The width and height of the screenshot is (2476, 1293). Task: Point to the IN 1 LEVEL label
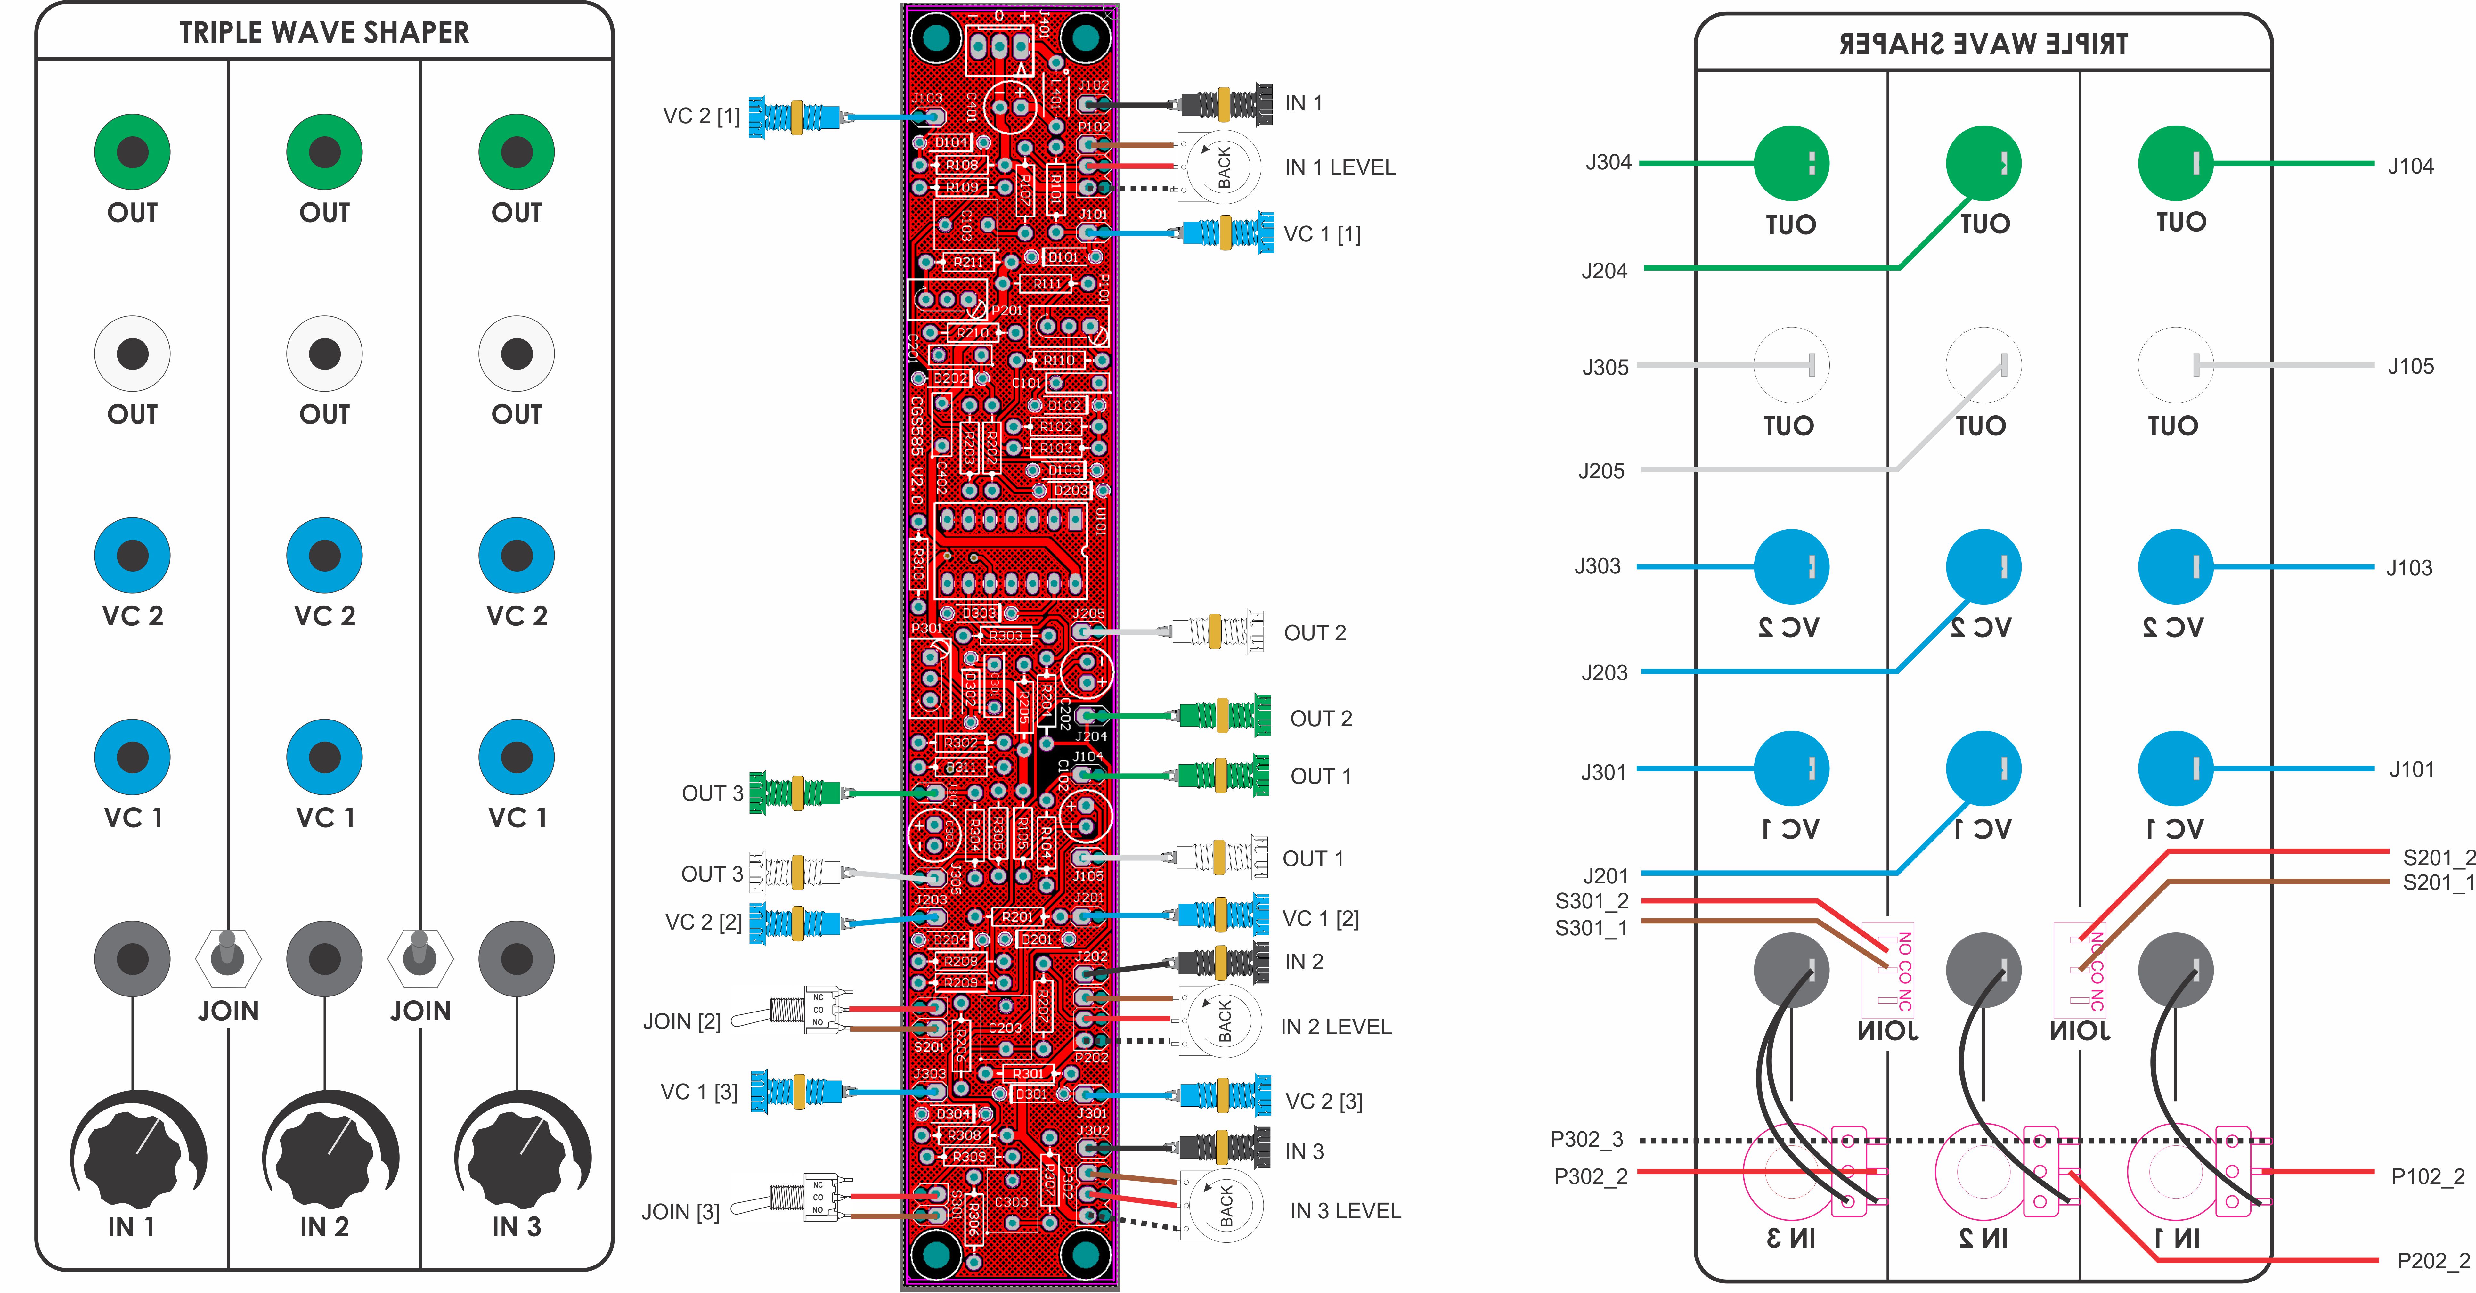pyautogui.click(x=1339, y=167)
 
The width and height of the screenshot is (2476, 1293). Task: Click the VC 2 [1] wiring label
pyautogui.click(x=701, y=116)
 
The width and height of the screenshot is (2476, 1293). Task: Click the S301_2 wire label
pyautogui.click(x=1591, y=901)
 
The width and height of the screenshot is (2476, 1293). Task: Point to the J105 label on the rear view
pyautogui.click(x=2410, y=366)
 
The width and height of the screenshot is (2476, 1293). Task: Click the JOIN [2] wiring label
pyautogui.click(x=681, y=1021)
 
